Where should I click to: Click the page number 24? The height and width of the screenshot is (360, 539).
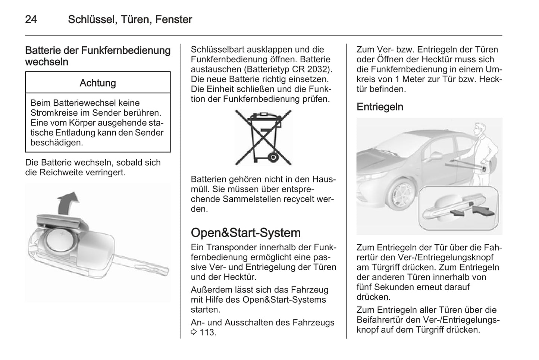tap(31, 19)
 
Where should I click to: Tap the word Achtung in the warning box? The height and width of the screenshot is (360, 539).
tap(98, 83)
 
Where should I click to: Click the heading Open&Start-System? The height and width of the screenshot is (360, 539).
tap(245, 233)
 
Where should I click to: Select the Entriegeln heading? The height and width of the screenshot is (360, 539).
tap(380, 107)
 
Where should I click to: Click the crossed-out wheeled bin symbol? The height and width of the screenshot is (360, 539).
tap(263, 137)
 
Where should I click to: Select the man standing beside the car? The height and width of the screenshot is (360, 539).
tap(484, 153)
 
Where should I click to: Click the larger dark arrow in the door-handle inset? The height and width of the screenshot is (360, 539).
tap(484, 211)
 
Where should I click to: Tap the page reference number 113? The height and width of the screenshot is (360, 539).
tap(207, 332)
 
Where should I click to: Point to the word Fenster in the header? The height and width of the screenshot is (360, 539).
tap(173, 19)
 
